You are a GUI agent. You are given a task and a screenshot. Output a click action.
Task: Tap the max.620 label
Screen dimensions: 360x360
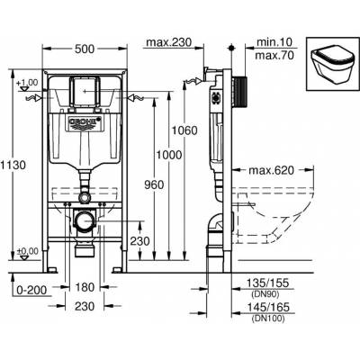pos(271,170)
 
